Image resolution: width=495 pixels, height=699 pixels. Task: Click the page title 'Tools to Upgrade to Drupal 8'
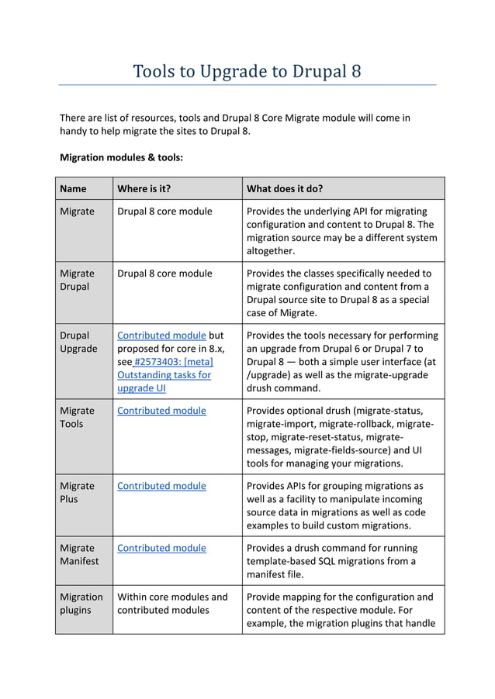247,72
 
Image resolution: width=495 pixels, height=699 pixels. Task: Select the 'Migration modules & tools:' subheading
121,157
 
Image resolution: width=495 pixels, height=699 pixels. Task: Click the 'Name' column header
73,188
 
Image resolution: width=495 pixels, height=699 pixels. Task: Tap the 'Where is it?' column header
144,188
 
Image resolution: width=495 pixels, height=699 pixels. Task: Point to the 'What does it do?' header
284,188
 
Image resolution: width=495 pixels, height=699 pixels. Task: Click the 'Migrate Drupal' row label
78,280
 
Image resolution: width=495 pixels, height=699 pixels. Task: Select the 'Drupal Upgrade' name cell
78,342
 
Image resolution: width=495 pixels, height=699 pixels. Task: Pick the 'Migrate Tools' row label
78,417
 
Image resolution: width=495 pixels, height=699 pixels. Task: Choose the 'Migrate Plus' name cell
78,492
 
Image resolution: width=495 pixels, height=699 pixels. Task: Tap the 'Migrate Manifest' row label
79,554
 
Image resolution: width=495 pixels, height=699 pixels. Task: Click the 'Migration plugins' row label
81,603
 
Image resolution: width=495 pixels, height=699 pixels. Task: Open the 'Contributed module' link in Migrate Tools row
161,411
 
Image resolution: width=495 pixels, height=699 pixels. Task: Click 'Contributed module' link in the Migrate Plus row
161,486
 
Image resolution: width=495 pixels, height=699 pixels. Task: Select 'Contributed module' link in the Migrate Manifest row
161,548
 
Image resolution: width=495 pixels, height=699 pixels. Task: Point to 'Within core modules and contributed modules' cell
172,603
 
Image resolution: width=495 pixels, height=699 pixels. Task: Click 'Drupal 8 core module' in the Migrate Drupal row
164,274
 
